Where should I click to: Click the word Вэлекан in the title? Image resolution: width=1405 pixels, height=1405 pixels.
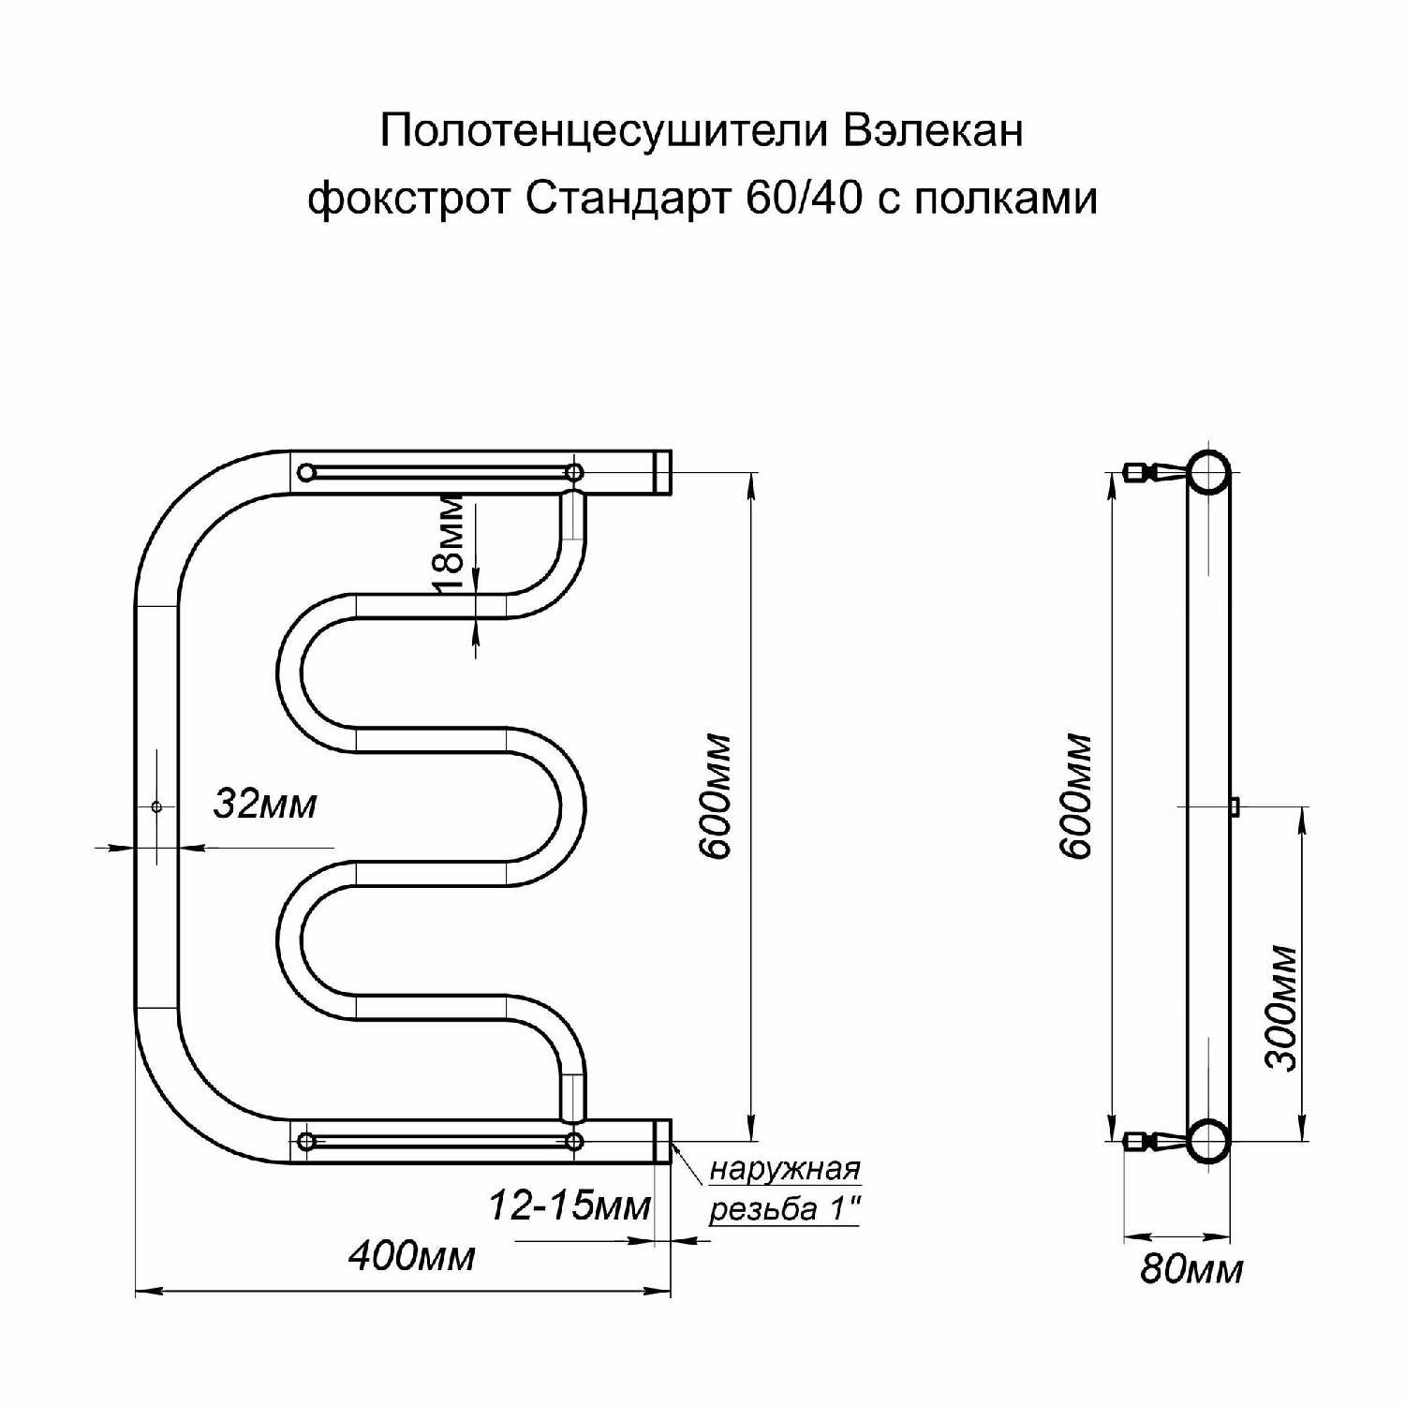[x=932, y=131]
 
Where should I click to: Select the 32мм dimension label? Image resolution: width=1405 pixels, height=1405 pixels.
[x=265, y=804]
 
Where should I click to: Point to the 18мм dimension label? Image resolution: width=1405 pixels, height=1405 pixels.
[x=451, y=542]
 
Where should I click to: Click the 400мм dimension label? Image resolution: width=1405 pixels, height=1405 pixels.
[x=411, y=1256]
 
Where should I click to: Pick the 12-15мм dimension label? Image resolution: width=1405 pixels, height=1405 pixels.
[x=569, y=1206]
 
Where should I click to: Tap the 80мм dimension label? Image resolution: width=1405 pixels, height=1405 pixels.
[x=1191, y=1270]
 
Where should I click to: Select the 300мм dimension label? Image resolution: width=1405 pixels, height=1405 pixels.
[x=1281, y=1007]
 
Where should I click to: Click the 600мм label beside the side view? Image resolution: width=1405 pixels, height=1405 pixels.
[x=1078, y=796]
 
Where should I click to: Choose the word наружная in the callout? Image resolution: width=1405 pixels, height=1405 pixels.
[x=785, y=1170]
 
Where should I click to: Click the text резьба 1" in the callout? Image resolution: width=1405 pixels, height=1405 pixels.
[x=785, y=1209]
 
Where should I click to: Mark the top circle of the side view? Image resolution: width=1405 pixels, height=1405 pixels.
[x=1209, y=471]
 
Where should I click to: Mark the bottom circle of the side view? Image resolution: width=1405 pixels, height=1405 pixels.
[x=1209, y=1140]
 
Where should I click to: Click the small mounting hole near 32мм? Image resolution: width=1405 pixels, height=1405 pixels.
[x=156, y=806]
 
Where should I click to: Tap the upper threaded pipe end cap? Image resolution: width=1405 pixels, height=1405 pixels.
[x=662, y=472]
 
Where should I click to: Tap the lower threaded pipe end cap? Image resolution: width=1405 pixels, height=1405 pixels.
[x=662, y=1141]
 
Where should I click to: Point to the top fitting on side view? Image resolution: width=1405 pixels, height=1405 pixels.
[x=1144, y=472]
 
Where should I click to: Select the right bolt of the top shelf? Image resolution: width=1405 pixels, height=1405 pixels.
[x=574, y=472]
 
